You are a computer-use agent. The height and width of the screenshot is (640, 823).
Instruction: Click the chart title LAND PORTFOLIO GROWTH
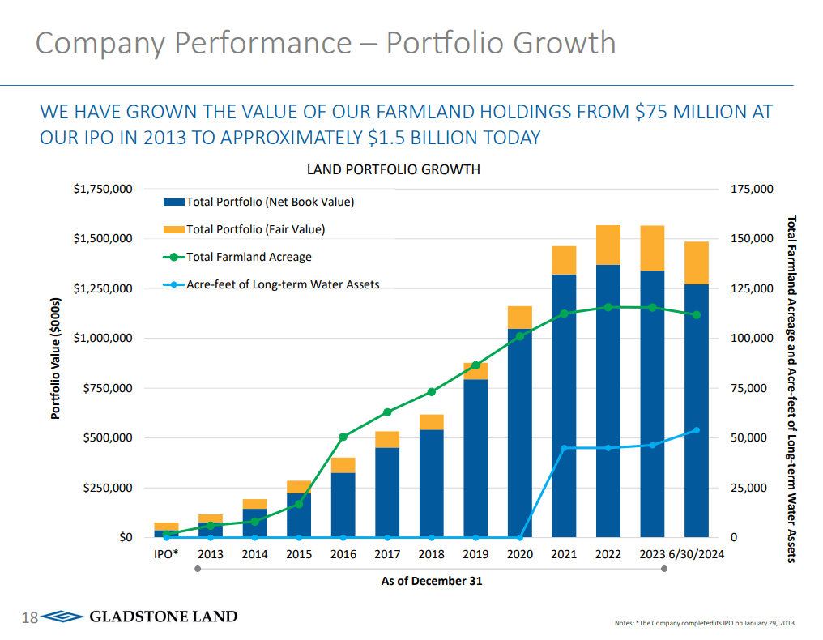pos(393,169)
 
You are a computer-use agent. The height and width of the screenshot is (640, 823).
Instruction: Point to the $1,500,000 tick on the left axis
pos(102,239)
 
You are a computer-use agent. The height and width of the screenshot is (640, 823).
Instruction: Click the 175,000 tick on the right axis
pos(753,189)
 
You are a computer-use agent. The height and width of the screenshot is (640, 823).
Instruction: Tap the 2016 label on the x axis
pos(343,555)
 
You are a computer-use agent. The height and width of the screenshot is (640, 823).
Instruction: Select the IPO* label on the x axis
pos(166,555)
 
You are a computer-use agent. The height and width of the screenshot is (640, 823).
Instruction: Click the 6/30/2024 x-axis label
pos(696,555)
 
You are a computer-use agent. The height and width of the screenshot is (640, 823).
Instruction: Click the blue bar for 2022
pos(608,405)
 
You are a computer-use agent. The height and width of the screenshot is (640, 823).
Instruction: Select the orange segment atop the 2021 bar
pos(564,260)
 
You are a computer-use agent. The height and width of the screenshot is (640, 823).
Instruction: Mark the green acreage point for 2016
pos(343,437)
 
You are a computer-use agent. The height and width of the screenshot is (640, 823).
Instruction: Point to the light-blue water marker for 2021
pos(564,448)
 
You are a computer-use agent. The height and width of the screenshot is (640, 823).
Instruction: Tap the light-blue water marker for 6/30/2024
pos(696,430)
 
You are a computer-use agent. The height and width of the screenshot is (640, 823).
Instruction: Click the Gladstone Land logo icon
pos(62,617)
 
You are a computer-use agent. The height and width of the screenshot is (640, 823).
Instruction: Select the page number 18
pos(29,618)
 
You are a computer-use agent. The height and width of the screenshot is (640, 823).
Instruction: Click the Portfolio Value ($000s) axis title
pos(56,359)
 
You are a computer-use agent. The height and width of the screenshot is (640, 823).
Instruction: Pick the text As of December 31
pos(431,581)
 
